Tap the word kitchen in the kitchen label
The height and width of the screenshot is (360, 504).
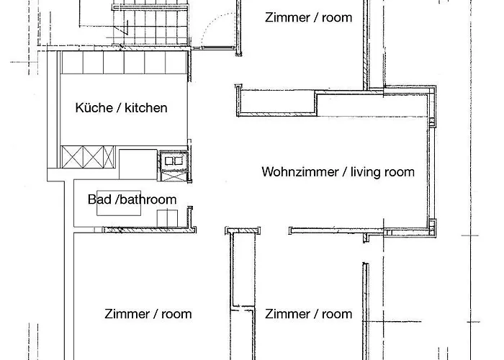pos(146,108)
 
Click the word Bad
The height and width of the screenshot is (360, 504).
pos(99,199)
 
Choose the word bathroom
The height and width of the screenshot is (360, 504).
pos(148,199)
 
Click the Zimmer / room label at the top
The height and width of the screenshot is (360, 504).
pos(308,17)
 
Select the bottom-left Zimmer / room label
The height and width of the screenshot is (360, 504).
pos(148,314)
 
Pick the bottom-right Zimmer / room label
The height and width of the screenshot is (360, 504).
pos(308,314)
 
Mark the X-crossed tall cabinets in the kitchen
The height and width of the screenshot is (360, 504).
pos(88,156)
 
